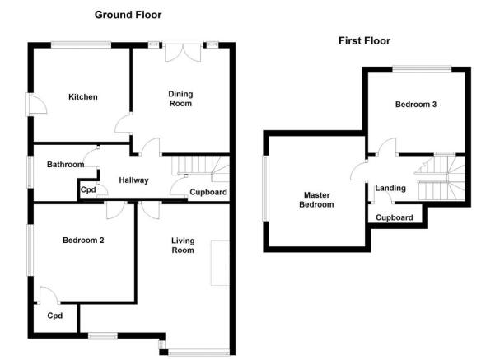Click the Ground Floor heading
128,15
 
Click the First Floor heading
364,40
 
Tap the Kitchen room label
83,96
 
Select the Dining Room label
180,99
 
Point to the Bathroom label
66,164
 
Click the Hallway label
134,180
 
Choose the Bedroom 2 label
83,240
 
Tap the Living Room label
183,245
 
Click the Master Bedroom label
316,199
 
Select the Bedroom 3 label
416,104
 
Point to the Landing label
390,188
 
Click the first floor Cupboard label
395,217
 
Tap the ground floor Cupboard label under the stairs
208,192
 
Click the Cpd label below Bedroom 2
55,316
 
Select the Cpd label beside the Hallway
88,189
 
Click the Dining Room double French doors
183,50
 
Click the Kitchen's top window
82,44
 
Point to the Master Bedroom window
266,188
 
